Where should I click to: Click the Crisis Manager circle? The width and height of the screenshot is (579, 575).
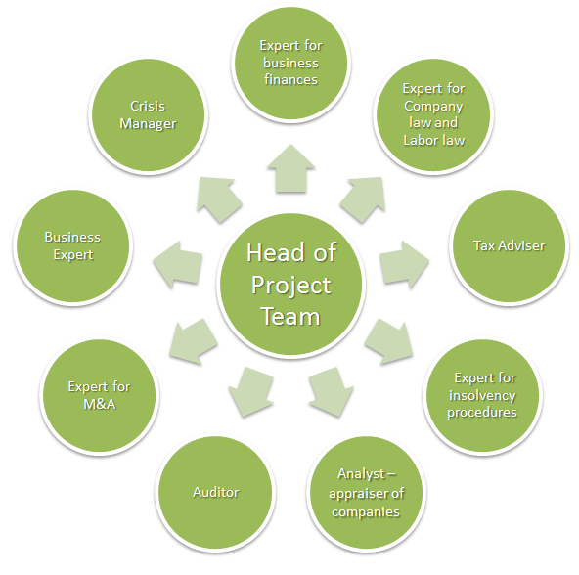[148, 114]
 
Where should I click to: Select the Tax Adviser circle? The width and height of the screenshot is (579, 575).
[510, 246]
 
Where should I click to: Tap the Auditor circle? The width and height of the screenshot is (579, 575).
[215, 492]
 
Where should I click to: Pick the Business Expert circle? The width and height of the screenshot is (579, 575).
[72, 246]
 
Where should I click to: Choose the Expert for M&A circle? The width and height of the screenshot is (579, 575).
[100, 395]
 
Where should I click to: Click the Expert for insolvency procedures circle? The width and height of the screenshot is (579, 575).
[482, 395]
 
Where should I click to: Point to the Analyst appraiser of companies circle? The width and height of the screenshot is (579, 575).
[367, 492]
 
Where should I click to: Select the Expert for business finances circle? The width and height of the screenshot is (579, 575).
[291, 64]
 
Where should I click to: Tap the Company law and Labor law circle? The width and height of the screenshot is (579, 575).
[434, 114]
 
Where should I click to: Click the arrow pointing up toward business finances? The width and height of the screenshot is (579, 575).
[291, 169]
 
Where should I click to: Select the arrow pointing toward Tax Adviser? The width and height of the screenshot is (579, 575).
[404, 264]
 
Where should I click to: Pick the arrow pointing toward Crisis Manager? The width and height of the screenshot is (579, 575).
[219, 199]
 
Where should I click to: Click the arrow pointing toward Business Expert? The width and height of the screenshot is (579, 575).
[178, 264]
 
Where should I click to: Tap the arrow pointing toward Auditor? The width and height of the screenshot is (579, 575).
[251, 392]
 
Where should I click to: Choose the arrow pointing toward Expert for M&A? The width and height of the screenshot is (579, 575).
[194, 341]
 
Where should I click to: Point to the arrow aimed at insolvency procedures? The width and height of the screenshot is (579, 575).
[388, 341]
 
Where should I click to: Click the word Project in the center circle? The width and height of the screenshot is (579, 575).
[291, 286]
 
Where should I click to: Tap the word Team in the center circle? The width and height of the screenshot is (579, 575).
[290, 317]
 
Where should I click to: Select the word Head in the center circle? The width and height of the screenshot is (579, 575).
[272, 252]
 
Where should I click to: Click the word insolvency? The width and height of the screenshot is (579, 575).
[482, 395]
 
